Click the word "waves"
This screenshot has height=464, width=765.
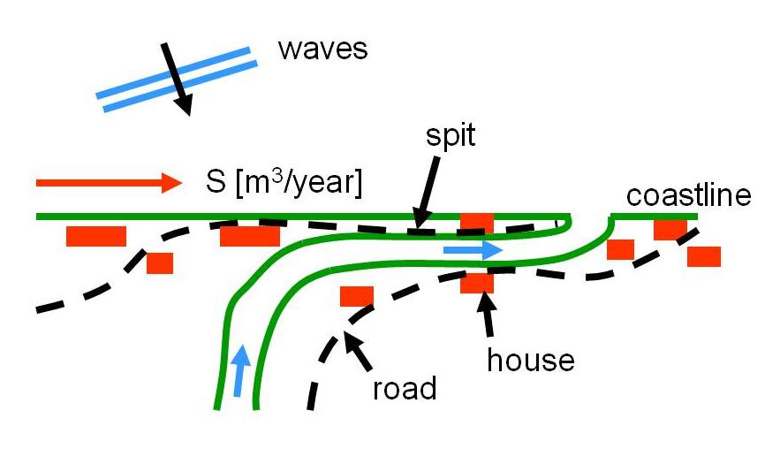[x=322, y=49]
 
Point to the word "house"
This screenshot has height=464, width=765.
[x=531, y=360]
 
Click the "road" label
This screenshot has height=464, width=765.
[x=405, y=388]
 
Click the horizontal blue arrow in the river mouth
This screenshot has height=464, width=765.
[x=473, y=251]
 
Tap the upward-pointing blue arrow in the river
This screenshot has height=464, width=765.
[x=239, y=369]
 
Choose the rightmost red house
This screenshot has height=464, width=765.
[x=704, y=256]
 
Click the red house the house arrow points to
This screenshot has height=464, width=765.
[x=477, y=283]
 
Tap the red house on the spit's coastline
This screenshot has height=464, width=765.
[x=477, y=221]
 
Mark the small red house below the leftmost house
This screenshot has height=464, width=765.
[x=160, y=262]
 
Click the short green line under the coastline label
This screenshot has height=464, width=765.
[x=654, y=215]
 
